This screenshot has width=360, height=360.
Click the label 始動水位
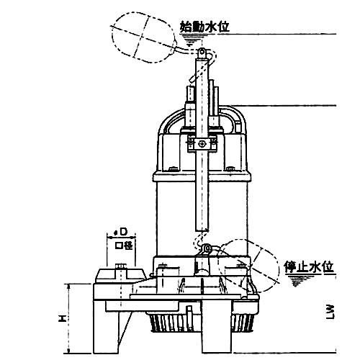204,27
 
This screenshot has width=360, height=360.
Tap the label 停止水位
309,267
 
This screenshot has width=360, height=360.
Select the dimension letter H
62,318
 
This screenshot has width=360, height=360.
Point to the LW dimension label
330,312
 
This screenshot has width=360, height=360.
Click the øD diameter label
121,232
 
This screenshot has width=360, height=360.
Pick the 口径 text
124,246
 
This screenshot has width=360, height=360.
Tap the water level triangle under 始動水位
190,40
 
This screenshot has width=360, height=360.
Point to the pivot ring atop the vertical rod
202,51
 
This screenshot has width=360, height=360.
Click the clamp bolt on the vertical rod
203,144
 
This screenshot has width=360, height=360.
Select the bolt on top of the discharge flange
120,266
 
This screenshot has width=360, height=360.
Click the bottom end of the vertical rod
202,231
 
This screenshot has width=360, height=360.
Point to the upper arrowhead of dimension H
69,285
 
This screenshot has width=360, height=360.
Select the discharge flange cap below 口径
120,276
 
